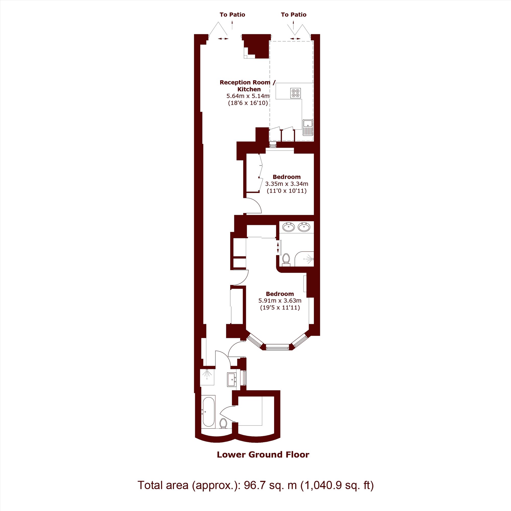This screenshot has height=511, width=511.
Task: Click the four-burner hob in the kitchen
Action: (x=295, y=93)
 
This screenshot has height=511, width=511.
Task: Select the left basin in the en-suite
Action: (x=288, y=227)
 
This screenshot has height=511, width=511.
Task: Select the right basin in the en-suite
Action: (x=304, y=227)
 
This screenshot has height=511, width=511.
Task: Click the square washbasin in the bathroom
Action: (x=232, y=380)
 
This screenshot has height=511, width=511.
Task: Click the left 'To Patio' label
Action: (x=232, y=15)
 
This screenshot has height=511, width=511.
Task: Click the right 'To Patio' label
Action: (x=294, y=15)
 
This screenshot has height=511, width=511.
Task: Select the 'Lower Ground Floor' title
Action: (x=263, y=455)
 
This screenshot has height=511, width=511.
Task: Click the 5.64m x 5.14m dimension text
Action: (x=248, y=96)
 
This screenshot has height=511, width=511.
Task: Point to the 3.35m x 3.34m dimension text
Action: (x=287, y=184)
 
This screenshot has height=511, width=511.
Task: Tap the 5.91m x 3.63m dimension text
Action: (x=280, y=301)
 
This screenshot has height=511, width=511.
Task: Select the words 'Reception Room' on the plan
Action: (x=245, y=83)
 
